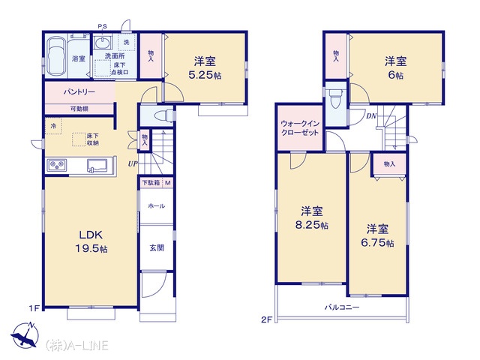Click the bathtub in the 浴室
(x=56, y=56)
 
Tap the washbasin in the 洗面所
(x=102, y=42)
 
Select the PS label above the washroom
(x=102, y=27)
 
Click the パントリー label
(x=79, y=91)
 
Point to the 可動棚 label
(x=79, y=108)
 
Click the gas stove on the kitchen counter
(x=57, y=165)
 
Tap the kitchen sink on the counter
(x=97, y=166)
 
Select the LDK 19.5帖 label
(x=91, y=241)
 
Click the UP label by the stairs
(x=133, y=163)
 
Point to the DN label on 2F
(x=371, y=116)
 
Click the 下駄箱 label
(x=151, y=183)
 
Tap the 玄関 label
(x=157, y=247)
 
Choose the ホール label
(x=157, y=206)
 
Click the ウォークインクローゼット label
(x=300, y=128)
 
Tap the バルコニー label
(x=342, y=307)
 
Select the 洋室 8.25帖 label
(x=312, y=218)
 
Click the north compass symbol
(x=25, y=335)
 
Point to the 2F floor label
(x=267, y=320)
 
